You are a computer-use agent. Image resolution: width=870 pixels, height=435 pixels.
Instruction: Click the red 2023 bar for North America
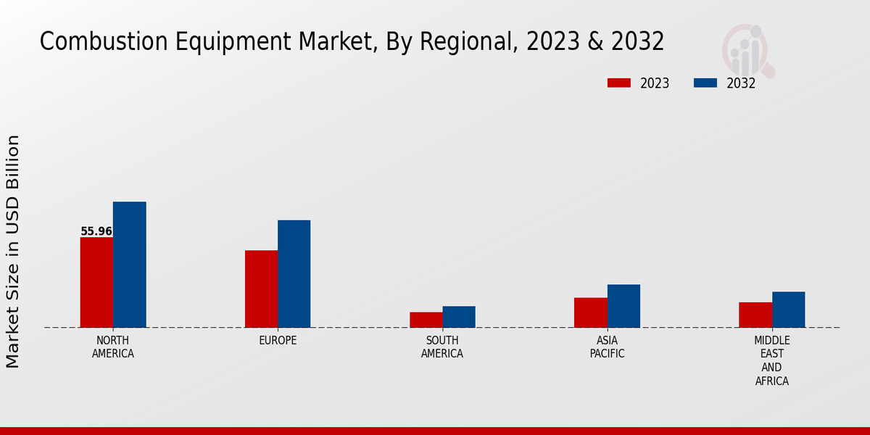[96, 282]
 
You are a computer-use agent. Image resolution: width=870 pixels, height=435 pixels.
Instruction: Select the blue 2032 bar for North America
[129, 265]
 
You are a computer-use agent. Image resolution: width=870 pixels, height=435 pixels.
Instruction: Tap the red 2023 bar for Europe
[261, 289]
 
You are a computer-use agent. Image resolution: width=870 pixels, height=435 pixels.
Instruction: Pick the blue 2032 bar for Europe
[294, 273]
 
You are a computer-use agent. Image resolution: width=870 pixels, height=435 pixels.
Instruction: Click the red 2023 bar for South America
[426, 320]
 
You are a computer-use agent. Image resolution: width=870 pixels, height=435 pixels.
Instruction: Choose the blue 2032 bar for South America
[459, 317]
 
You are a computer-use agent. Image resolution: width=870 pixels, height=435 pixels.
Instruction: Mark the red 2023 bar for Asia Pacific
[590, 312]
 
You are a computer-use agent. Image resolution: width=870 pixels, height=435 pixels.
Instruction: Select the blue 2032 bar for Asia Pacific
[623, 306]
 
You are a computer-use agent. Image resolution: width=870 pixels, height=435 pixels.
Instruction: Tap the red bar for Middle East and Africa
[755, 315]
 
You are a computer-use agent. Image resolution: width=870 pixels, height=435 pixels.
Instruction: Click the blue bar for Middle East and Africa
[788, 310]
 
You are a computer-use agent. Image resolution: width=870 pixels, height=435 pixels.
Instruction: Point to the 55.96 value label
[96, 232]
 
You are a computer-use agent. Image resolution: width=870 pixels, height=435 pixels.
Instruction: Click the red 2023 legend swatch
[618, 83]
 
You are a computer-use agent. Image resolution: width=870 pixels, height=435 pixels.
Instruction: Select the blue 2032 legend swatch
[705, 83]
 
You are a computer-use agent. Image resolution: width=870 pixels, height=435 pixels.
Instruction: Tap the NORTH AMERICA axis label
[113, 347]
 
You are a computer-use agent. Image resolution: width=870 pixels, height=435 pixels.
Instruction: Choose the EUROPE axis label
[278, 341]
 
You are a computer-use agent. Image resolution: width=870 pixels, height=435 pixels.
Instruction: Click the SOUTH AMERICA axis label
[442, 347]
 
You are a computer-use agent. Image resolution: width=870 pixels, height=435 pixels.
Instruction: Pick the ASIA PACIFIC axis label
[607, 347]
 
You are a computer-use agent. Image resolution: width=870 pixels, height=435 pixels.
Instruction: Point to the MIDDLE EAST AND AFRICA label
[772, 360]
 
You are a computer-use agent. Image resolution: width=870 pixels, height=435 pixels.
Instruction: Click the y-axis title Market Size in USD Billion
[13, 251]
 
